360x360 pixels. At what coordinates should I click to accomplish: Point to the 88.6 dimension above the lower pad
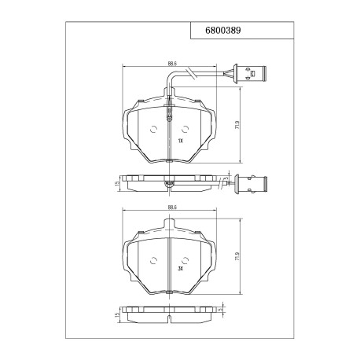(171, 208)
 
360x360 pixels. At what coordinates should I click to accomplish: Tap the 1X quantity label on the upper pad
(180, 141)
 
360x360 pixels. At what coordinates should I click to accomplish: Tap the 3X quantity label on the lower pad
(180, 268)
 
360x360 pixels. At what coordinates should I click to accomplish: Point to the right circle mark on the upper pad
(185, 130)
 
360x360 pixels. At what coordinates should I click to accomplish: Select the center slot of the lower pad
(171, 263)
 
